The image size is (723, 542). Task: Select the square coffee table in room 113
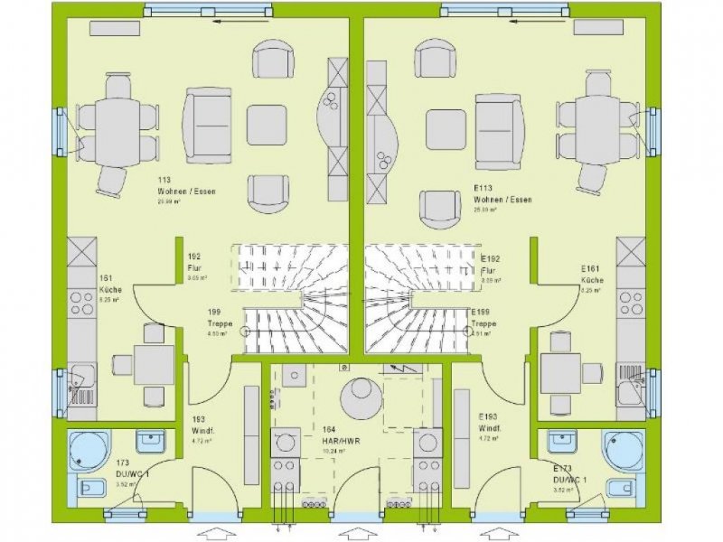click(x=268, y=125)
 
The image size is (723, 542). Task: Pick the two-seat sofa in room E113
click(x=500, y=123)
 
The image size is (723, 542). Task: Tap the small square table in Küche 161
click(x=155, y=365)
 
